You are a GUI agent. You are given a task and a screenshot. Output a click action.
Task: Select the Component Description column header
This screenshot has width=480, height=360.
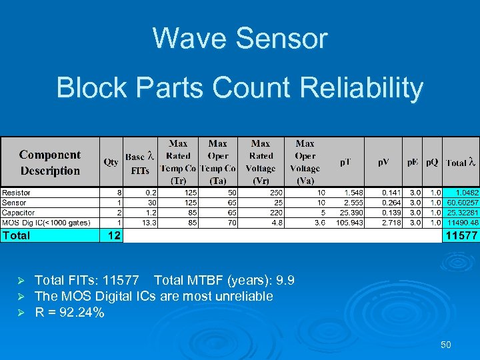50,163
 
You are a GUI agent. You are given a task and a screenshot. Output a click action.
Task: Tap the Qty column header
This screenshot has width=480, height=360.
111,162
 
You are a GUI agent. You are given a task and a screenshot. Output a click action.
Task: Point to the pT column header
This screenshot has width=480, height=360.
347,162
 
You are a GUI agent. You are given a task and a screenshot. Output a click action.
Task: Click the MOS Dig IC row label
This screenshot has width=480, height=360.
46,222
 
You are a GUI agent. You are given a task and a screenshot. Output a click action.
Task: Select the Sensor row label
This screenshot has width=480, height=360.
15,203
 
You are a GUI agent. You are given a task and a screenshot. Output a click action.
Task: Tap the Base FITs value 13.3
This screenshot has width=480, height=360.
149,222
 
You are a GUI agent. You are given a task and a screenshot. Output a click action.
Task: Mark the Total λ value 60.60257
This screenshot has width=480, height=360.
463,203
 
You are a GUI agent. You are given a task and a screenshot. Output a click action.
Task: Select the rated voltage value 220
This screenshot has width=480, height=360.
268,212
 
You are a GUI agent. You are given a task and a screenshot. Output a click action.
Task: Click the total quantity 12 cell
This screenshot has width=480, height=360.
111,235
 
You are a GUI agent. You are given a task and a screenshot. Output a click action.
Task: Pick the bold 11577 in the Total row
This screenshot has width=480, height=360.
461,235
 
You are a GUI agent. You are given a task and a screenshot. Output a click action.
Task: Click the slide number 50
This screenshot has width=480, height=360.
445,345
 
